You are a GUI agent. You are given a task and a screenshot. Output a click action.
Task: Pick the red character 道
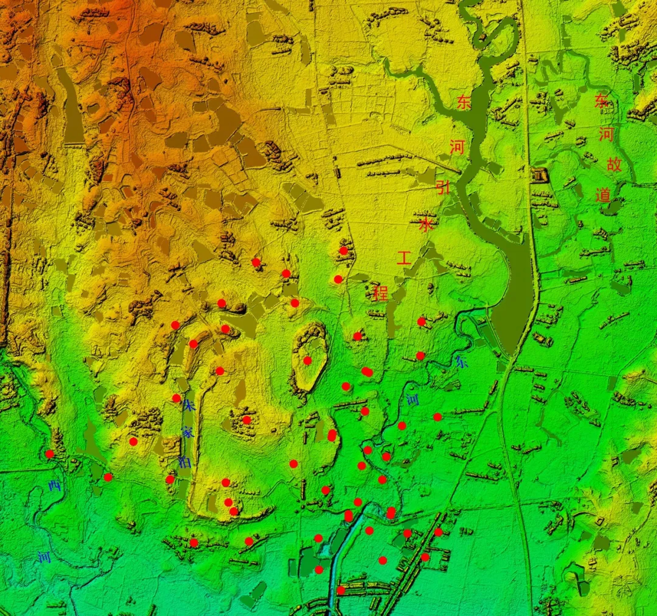tap(603, 195)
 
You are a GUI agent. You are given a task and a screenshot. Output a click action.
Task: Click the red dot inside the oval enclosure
tap(307, 360)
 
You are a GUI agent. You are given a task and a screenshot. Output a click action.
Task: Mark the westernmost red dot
tap(50, 454)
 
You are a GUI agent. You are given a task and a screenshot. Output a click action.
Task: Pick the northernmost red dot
tap(343, 251)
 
